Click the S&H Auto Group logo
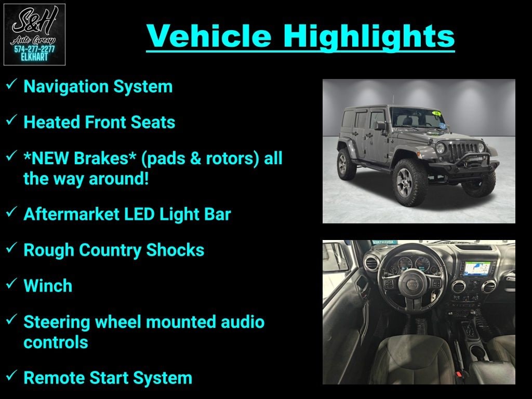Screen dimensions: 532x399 point(34,35)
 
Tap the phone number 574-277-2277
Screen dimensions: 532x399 point(34,49)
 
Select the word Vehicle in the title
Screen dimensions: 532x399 point(209,36)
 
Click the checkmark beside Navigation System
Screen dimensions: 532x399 point(11,84)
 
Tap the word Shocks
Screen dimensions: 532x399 point(175,250)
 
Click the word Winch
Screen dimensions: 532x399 point(48,286)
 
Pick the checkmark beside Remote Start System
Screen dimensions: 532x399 point(11,375)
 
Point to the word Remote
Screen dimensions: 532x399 point(54,378)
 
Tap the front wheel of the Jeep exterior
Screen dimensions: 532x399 point(409,182)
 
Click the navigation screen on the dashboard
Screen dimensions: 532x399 point(477,269)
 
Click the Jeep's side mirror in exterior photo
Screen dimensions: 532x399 point(381,126)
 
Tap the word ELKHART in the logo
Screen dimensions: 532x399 point(34,57)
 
